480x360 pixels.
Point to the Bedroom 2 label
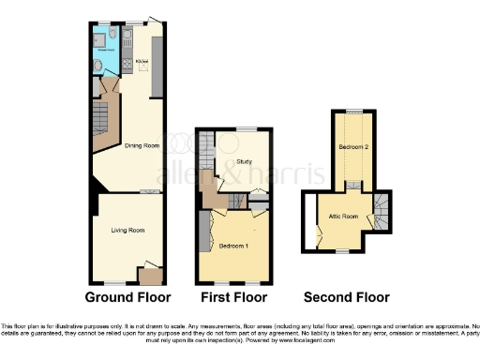click(x=352, y=148)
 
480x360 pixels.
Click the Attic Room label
click(x=343, y=217)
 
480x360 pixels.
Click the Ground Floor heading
click(x=127, y=298)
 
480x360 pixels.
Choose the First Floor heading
click(x=234, y=298)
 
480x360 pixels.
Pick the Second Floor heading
click(x=347, y=298)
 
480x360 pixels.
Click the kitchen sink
click(x=128, y=38)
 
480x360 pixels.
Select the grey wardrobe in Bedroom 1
click(x=203, y=232)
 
